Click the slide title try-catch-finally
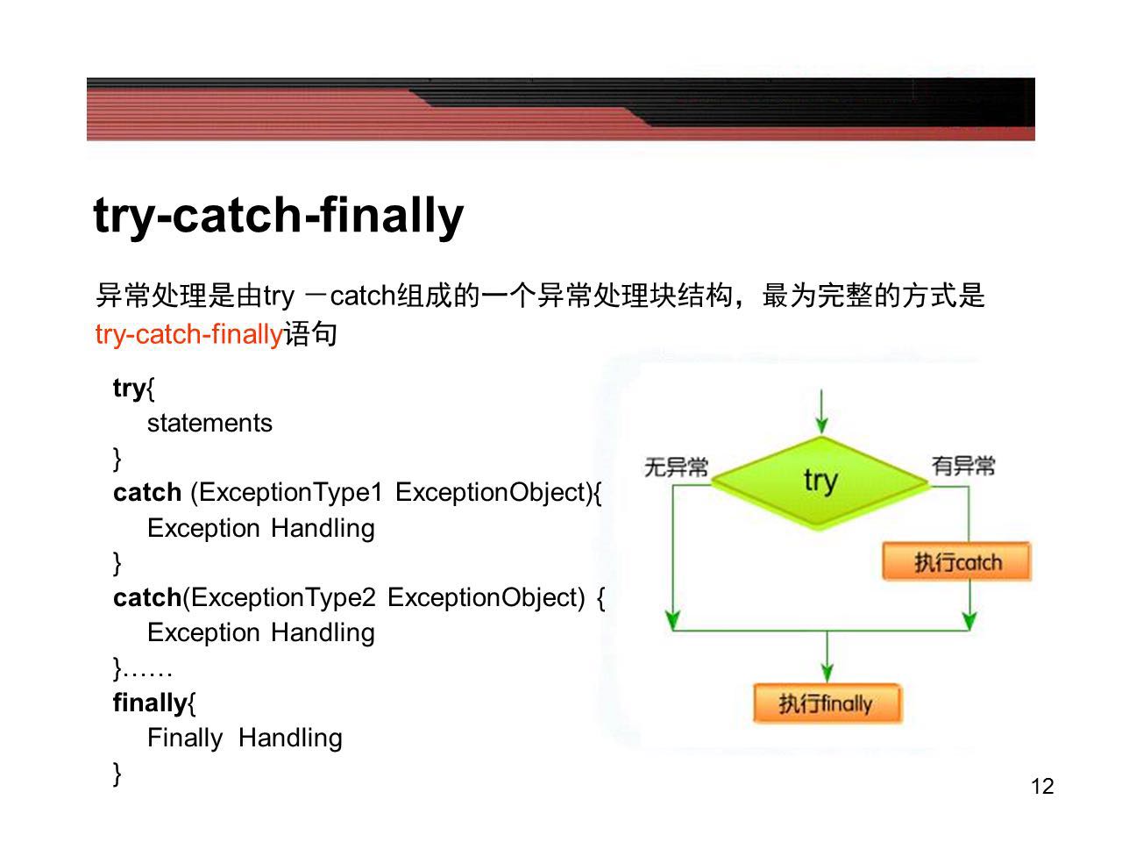[x=278, y=216]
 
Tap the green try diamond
[x=820, y=482]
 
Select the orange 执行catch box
[x=957, y=562]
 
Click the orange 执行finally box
[x=827, y=703]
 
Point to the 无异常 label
[x=676, y=467]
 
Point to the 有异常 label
[x=963, y=466]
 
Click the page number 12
[x=1042, y=786]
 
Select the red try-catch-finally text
[x=189, y=335]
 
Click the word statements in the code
[x=209, y=424]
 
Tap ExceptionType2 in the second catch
[x=284, y=597]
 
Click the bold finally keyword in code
[x=150, y=703]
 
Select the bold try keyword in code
[x=130, y=389]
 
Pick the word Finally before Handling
[x=185, y=739]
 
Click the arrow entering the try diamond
[x=821, y=412]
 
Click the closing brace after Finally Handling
[x=117, y=774]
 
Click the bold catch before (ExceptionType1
[x=147, y=493]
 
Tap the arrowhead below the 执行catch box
[x=969, y=621]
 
